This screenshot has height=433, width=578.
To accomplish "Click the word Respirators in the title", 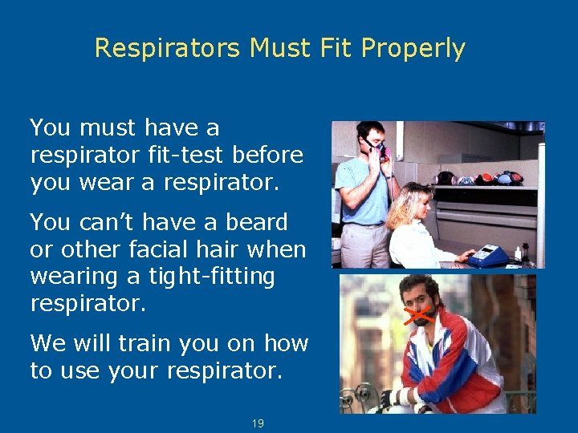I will [167, 49].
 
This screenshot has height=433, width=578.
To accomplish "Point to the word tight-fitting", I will [212, 277].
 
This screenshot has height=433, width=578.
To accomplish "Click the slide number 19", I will [258, 423].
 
